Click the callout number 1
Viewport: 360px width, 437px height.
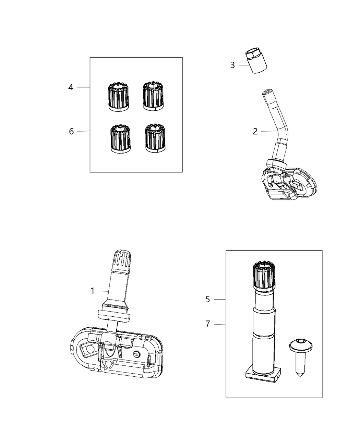[92, 291]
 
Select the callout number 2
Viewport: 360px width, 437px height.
[255, 131]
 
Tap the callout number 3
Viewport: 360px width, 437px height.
[232, 65]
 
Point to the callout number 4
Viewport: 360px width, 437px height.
[71, 87]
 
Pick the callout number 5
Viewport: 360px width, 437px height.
[208, 299]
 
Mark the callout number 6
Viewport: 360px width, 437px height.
[71, 131]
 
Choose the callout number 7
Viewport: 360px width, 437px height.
[208, 324]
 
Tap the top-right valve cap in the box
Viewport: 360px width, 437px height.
[153, 96]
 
